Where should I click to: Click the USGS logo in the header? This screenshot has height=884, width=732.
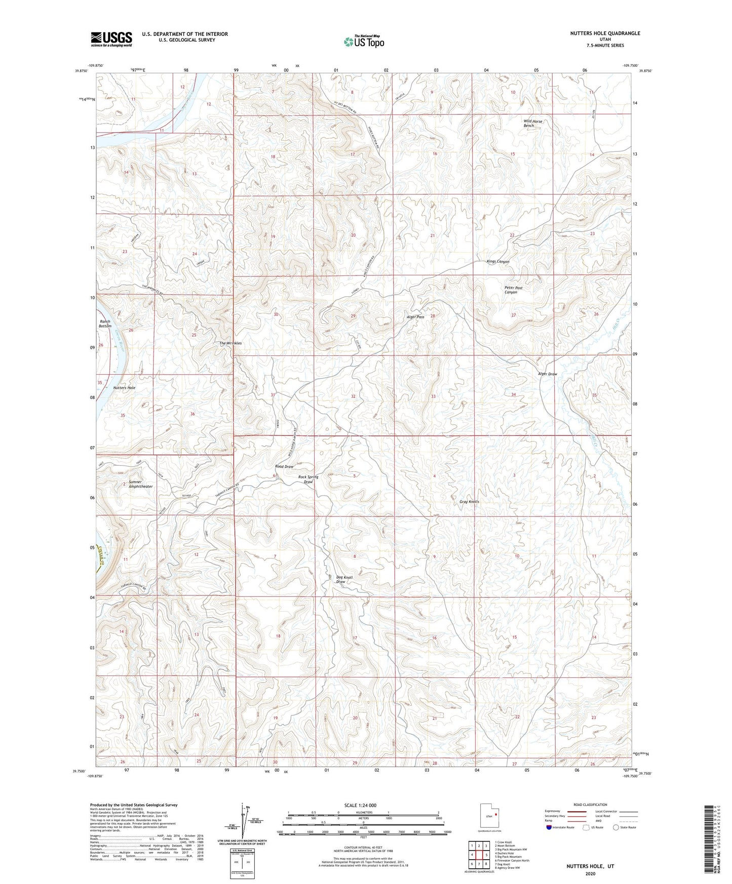(111, 39)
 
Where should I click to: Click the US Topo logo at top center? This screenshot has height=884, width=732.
(364, 42)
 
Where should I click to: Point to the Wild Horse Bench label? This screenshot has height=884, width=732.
(532, 123)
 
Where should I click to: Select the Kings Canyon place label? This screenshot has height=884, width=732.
(497, 262)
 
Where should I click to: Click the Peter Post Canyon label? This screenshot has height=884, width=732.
(513, 290)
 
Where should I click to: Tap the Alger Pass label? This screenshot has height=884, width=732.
(415, 317)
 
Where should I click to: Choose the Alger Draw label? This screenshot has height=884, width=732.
(547, 374)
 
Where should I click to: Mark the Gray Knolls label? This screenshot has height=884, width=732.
(469, 502)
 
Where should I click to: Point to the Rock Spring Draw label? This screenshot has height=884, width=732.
(308, 479)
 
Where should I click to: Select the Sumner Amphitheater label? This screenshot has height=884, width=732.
(140, 484)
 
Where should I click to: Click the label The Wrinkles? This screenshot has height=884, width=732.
(230, 343)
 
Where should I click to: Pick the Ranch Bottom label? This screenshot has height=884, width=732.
(105, 324)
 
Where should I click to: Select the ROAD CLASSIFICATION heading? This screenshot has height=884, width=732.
(590, 805)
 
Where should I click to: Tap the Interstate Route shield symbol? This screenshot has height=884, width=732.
(550, 828)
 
